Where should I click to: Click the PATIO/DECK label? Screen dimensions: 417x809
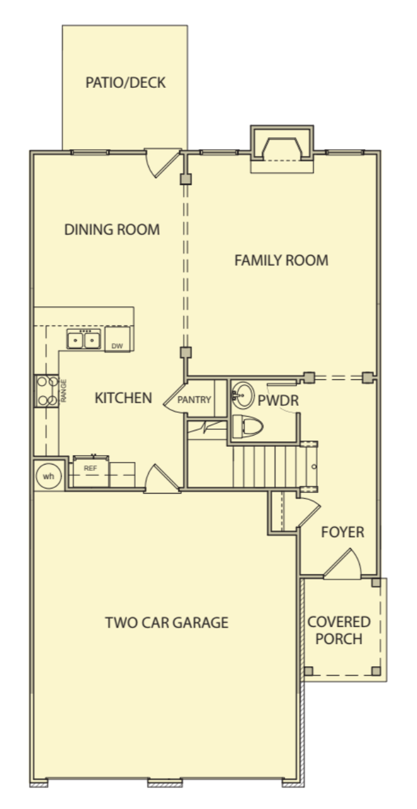point(125,82)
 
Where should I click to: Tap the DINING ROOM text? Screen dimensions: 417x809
point(112,229)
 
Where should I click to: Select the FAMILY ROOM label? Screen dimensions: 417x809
point(281,260)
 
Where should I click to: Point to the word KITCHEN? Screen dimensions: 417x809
point(123,398)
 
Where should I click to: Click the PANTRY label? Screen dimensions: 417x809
point(194,400)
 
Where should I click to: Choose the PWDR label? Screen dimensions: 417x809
point(278,400)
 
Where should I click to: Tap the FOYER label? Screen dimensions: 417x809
point(342,532)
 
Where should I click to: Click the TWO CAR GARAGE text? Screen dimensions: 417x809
point(166,623)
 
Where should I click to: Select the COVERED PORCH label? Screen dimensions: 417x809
point(339,630)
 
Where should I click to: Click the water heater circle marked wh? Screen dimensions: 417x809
point(49,476)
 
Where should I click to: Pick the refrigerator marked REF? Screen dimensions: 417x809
point(90,471)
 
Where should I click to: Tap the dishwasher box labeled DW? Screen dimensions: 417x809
point(118,339)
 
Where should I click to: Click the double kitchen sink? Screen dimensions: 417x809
point(84,339)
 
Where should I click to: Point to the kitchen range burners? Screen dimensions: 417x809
point(47,391)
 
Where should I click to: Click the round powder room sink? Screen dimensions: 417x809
point(243,396)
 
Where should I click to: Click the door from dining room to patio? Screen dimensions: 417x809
point(162,162)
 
